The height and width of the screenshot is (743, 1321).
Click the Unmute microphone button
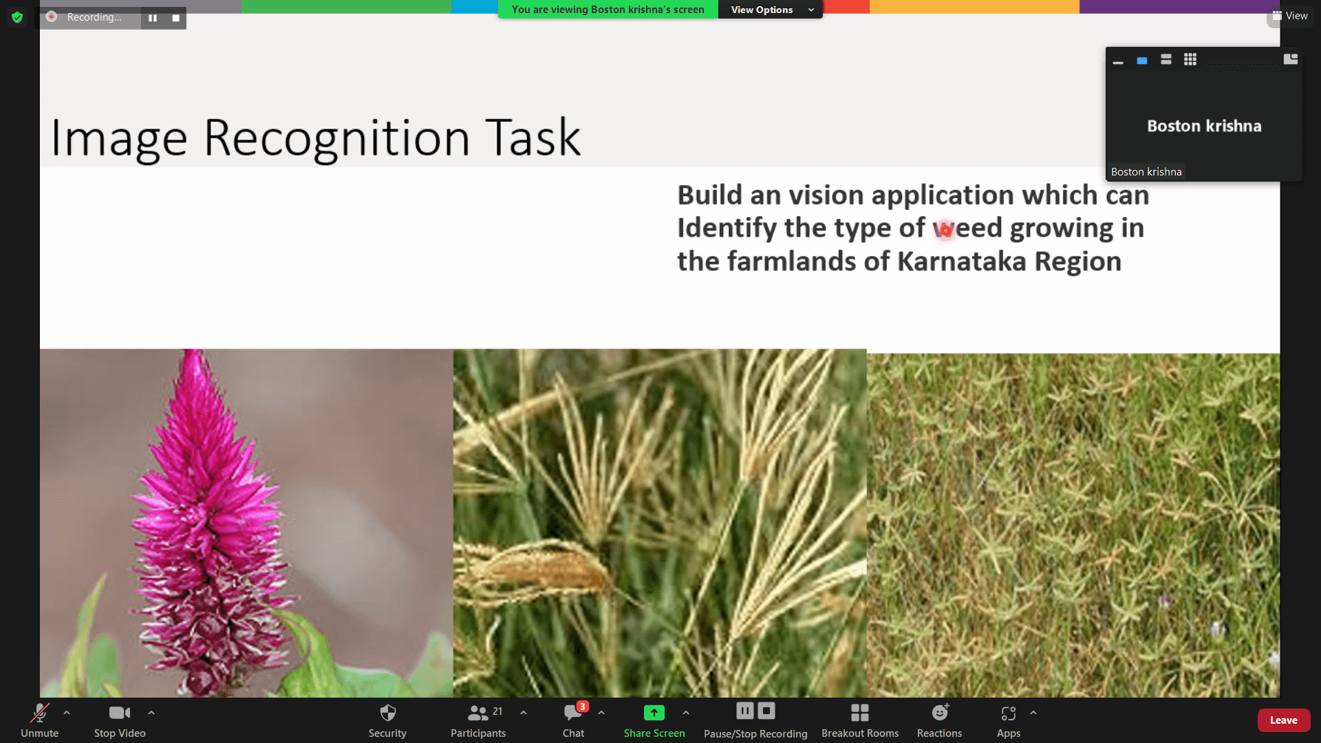(x=39, y=720)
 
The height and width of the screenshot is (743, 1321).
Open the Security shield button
(x=387, y=720)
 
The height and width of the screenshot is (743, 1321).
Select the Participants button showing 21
(x=478, y=720)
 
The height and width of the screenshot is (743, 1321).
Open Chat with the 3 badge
(x=574, y=720)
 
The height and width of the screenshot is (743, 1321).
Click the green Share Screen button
(x=654, y=720)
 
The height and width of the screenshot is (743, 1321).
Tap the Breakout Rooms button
(x=860, y=720)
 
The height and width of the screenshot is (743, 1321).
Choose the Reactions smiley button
(x=939, y=720)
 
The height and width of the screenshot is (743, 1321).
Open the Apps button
(x=1009, y=720)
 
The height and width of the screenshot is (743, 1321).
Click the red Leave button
(x=1284, y=720)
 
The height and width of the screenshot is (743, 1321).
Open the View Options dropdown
(x=771, y=10)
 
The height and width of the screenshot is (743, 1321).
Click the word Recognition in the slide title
(x=337, y=138)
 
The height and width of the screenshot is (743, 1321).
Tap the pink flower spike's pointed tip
(x=193, y=352)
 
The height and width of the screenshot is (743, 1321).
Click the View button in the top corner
(x=1290, y=16)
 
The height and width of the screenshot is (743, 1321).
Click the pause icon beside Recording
(x=153, y=18)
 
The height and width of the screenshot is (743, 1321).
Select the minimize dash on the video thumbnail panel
(x=1118, y=63)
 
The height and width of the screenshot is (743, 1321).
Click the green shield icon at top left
(x=17, y=17)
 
